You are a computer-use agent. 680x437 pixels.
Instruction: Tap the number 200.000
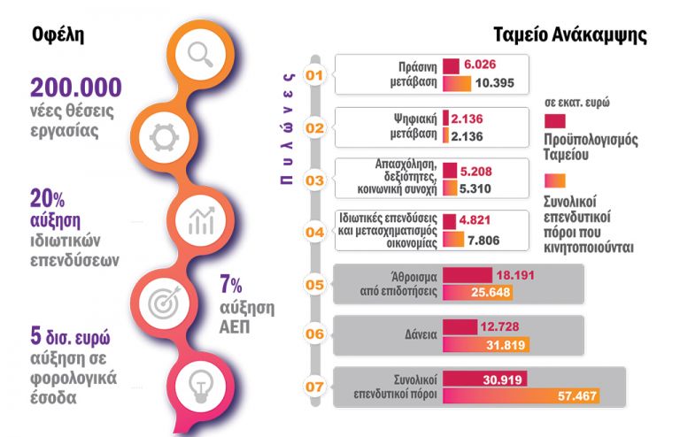75,88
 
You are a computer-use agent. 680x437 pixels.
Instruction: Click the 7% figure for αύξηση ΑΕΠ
231,285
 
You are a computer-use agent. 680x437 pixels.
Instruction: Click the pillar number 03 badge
313,180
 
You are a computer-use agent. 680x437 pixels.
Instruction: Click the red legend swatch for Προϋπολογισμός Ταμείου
555,120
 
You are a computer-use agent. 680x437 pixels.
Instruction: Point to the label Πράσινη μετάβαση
413,74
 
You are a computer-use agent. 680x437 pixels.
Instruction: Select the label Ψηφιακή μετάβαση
413,126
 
